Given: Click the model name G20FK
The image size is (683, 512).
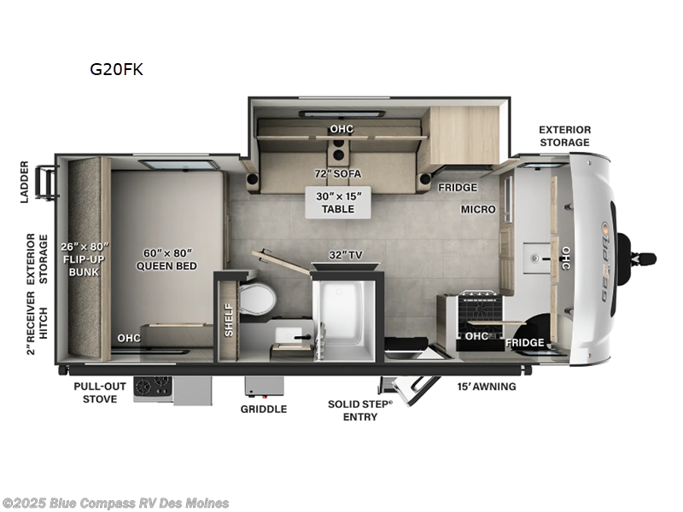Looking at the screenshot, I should [116, 70].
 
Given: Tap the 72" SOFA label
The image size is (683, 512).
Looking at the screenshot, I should [337, 174].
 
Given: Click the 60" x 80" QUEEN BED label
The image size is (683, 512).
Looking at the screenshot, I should [166, 259].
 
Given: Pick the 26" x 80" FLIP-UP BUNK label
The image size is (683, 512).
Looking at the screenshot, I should [85, 259].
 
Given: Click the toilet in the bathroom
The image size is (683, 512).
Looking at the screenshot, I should [258, 300].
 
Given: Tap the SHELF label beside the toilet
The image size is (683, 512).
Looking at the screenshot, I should [228, 319].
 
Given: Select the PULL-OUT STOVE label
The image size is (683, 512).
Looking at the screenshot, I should [100, 392].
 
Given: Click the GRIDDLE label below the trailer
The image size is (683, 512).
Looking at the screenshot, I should [263, 409].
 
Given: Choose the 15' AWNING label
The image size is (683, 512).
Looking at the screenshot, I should [486, 387].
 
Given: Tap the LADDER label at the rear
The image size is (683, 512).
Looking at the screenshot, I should [25, 182].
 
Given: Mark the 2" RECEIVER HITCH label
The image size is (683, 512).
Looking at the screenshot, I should [31, 325].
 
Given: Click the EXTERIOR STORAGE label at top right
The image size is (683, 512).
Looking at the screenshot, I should [563, 136].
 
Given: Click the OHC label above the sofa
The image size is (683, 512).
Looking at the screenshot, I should [341, 130].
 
